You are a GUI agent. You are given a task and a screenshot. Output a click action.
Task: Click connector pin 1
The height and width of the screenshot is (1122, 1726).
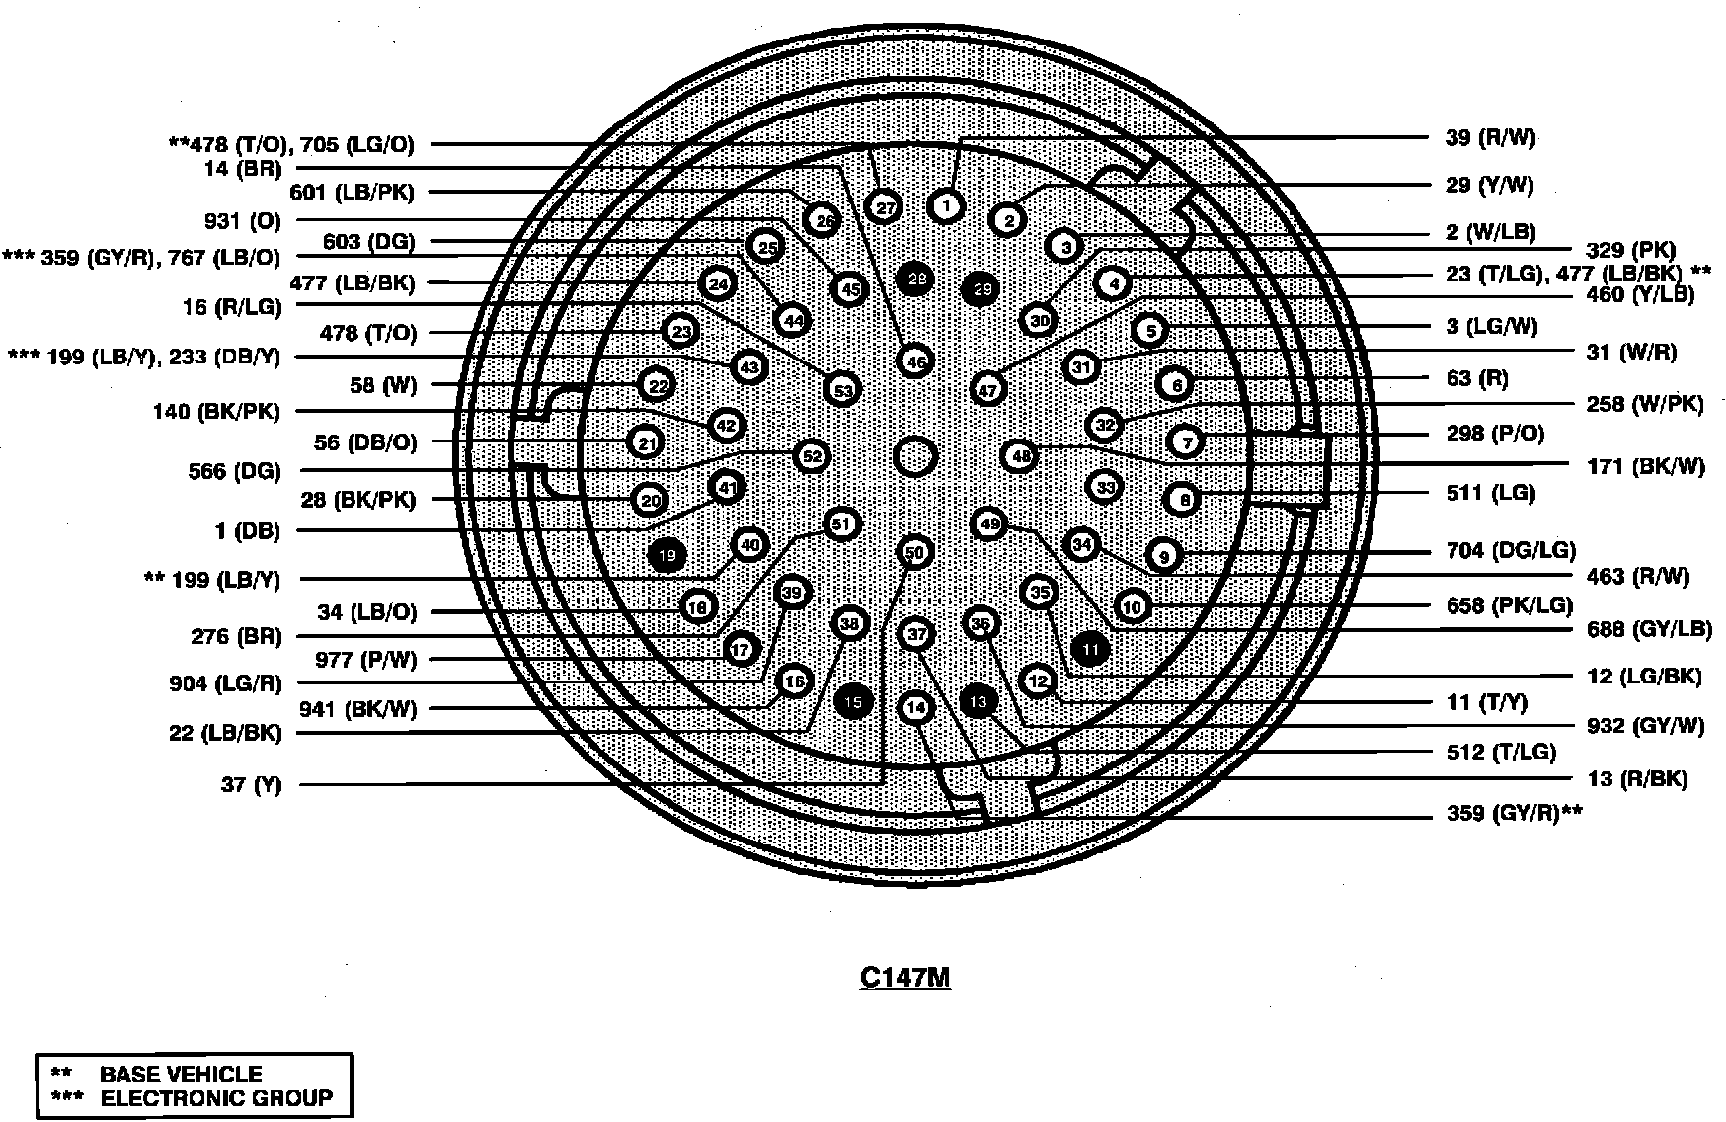coord(946,206)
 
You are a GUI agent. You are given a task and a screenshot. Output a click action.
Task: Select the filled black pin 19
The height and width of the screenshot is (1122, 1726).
coord(667,555)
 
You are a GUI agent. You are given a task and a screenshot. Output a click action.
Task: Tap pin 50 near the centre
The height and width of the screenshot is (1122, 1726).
coord(915,552)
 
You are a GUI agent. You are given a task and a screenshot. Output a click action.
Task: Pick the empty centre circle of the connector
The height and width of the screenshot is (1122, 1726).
coord(915,457)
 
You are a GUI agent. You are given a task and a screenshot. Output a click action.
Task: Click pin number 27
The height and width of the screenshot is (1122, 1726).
coord(885,207)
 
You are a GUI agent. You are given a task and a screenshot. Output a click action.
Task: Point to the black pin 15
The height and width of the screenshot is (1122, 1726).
coord(854,702)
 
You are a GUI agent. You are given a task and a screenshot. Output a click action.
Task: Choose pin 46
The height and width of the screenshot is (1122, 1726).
coord(916,362)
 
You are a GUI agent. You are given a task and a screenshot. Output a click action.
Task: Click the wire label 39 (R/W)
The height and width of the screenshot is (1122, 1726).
coord(1490,138)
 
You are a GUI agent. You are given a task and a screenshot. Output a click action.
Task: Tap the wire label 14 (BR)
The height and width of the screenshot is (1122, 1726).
coord(243,169)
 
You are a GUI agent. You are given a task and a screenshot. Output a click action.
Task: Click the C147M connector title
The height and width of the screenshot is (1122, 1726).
coord(904,977)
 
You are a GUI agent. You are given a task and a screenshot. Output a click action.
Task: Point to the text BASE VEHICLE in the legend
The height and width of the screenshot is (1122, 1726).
coord(181,1074)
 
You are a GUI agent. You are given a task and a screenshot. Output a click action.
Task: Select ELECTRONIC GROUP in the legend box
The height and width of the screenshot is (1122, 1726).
coord(216,1097)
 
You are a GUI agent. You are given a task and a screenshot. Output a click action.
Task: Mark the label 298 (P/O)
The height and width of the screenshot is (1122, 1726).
coord(1495,434)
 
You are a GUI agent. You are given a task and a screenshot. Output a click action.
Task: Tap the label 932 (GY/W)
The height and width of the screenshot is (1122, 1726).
coord(1644,726)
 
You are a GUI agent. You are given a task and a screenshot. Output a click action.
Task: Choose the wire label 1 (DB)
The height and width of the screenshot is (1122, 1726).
coord(247,531)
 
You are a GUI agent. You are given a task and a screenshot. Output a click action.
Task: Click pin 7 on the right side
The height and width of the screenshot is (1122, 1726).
coord(1186,441)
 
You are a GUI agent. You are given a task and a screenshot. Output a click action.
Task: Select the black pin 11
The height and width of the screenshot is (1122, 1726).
coord(1090,649)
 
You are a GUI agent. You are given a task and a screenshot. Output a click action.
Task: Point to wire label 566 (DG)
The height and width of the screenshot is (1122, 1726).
coord(234,472)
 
